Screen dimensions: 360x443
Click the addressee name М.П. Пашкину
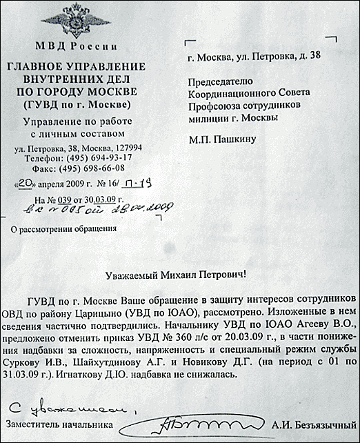pyautogui.click(x=222, y=139)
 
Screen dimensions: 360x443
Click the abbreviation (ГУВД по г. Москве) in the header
pyautogui.click(x=76, y=104)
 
